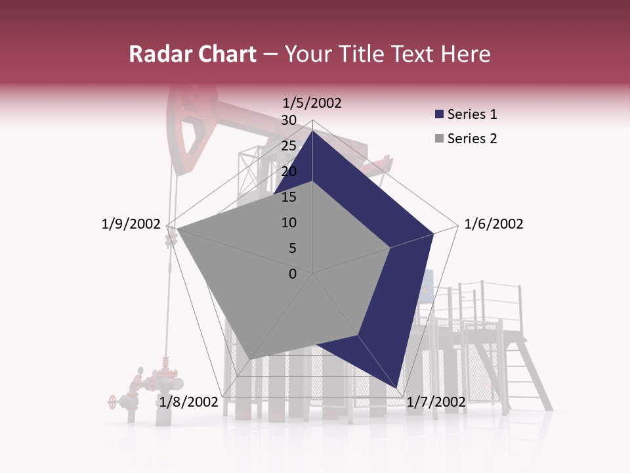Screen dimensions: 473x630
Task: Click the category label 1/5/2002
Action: (312, 103)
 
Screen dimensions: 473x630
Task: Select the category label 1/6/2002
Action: (493, 224)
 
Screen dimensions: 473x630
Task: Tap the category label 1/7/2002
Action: (436, 402)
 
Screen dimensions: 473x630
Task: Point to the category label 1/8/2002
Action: (188, 402)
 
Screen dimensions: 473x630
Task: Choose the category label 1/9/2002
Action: (131, 224)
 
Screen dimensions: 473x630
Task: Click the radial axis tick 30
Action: (289, 120)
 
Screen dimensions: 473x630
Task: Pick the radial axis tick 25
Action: (289, 146)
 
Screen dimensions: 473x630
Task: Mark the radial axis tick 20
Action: (289, 171)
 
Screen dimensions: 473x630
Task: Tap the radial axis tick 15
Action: (289, 197)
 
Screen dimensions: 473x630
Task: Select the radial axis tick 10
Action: (289, 223)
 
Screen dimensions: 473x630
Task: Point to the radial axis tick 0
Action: (293, 274)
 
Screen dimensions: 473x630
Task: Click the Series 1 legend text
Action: (472, 114)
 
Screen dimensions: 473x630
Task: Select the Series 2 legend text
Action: (472, 139)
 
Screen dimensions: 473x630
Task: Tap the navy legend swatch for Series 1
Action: (440, 114)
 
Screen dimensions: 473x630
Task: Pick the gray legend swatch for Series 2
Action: (440, 139)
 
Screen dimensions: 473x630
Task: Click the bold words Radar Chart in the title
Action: (192, 54)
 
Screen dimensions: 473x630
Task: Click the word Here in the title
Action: (466, 54)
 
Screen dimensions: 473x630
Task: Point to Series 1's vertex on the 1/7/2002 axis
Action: (397, 388)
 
